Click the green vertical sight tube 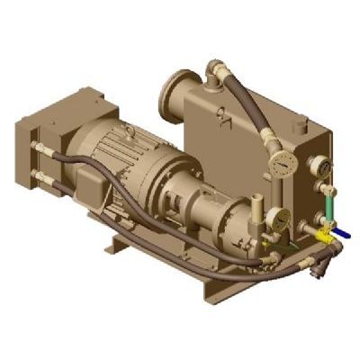tap(330, 209)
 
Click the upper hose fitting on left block tap(37, 144)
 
